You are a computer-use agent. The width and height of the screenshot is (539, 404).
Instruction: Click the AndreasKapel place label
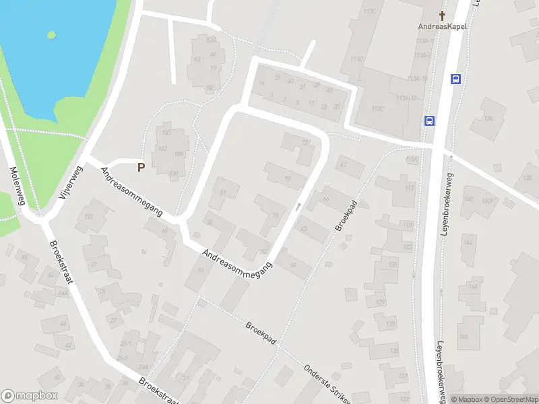442,27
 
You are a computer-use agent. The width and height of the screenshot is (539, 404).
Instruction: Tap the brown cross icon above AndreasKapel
443,15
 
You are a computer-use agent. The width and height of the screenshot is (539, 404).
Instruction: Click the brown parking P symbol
141,167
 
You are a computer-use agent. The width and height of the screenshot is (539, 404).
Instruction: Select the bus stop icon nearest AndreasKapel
456,79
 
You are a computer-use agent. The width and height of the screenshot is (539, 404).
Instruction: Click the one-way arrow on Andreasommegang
298,206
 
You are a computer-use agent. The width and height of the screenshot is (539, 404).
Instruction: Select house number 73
305,142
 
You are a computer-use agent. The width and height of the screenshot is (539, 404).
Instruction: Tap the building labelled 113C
377,108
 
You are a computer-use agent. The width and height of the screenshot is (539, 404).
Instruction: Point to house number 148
462,337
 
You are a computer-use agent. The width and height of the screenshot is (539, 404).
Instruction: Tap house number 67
343,165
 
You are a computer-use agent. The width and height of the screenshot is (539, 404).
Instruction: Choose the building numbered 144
472,288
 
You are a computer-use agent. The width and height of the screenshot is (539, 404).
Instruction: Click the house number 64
292,265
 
